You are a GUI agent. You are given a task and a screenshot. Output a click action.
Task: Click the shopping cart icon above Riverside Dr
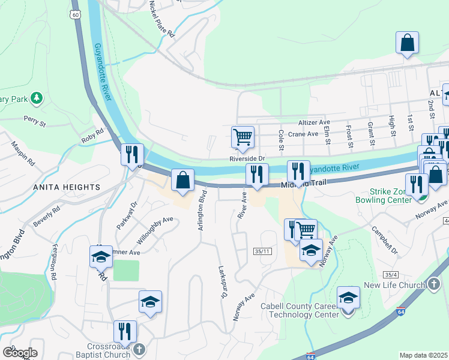pyautogui.click(x=243, y=136)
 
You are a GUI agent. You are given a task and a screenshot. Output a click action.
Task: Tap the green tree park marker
pyautogui.click(x=36, y=97)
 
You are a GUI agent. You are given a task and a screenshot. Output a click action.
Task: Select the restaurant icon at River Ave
pyautogui.click(x=257, y=175)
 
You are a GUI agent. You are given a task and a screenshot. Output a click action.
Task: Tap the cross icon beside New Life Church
pyautogui.click(x=434, y=284)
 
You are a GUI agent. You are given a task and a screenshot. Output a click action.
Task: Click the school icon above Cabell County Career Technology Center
pyautogui.click(x=348, y=297)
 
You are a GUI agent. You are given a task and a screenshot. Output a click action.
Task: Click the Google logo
pyautogui.click(x=20, y=352)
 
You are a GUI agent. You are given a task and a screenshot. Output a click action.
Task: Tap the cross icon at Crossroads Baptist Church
pyautogui.click(x=139, y=349)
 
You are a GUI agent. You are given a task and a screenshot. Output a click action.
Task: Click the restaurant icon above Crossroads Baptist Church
pyautogui.click(x=125, y=331)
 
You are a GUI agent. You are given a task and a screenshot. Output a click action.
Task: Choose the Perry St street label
pyautogui.click(x=35, y=121)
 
